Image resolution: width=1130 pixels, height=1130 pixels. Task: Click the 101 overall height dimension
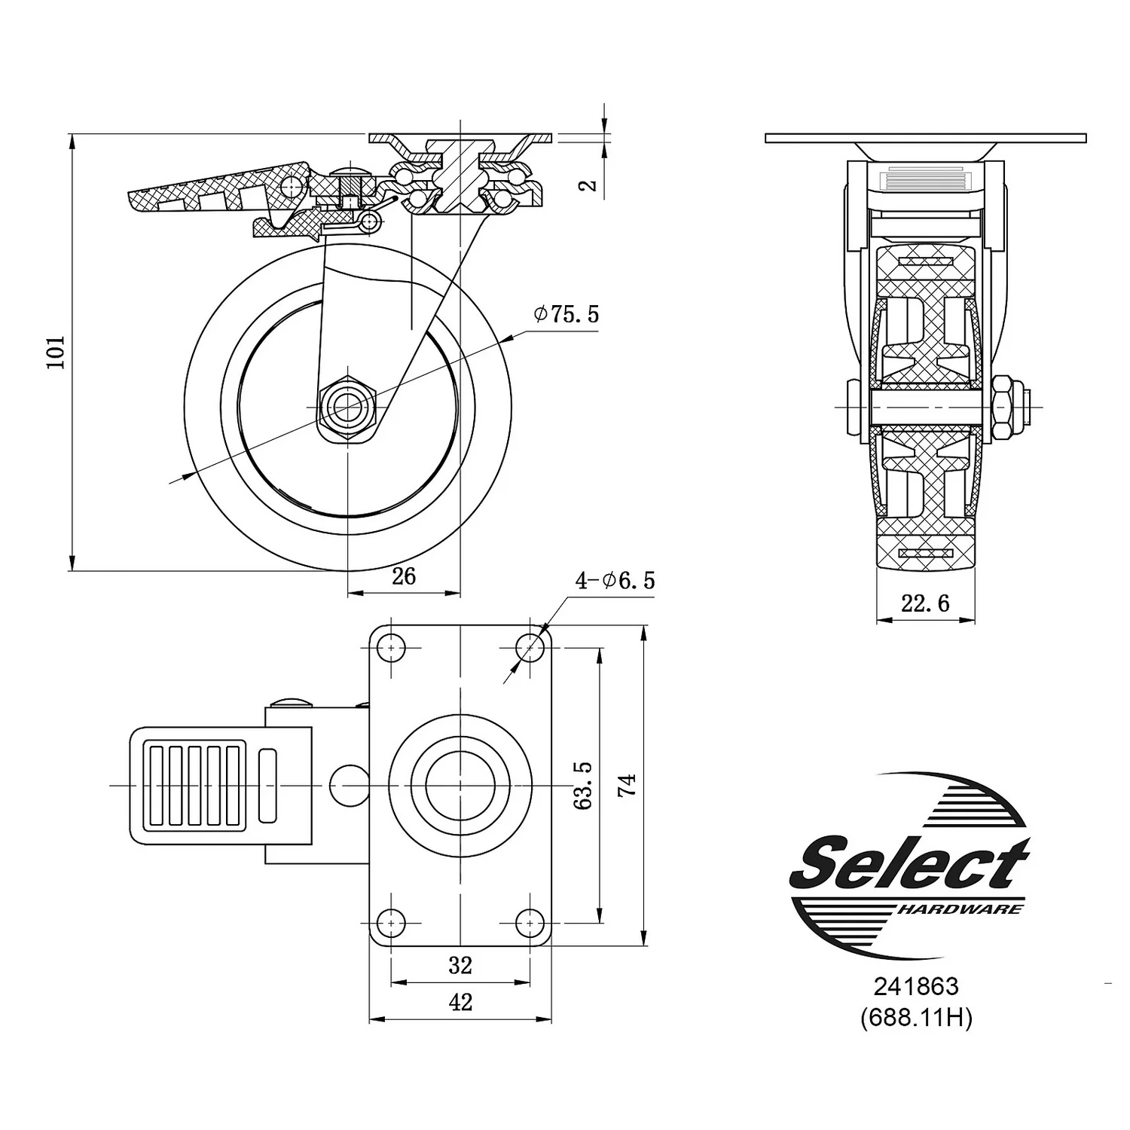57,352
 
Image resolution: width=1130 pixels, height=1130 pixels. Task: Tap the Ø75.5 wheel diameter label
567,313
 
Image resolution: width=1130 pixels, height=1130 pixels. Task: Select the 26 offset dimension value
404,576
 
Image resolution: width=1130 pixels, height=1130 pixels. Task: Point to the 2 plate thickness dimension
591,183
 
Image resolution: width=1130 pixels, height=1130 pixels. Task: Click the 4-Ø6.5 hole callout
615,580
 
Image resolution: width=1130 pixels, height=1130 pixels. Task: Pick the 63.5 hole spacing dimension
583,785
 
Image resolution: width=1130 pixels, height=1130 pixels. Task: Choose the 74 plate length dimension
628,785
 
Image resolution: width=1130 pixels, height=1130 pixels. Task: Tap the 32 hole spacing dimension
460,965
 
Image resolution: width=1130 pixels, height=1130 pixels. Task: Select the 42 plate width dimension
460,1003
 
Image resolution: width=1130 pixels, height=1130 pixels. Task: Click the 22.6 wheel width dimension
925,603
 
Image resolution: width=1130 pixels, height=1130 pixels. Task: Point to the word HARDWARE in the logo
961,909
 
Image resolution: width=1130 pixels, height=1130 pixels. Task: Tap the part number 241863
916,986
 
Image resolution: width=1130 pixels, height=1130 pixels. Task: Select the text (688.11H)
916,1019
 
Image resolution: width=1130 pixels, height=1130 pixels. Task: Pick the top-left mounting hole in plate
390,647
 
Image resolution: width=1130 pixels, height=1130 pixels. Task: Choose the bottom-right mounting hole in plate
530,921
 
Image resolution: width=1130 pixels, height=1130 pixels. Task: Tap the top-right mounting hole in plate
530,647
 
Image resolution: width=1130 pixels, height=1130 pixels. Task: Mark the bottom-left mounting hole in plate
390,921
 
